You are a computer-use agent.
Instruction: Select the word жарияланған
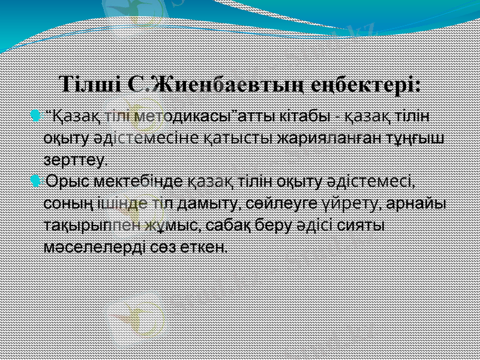[x=328, y=137]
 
